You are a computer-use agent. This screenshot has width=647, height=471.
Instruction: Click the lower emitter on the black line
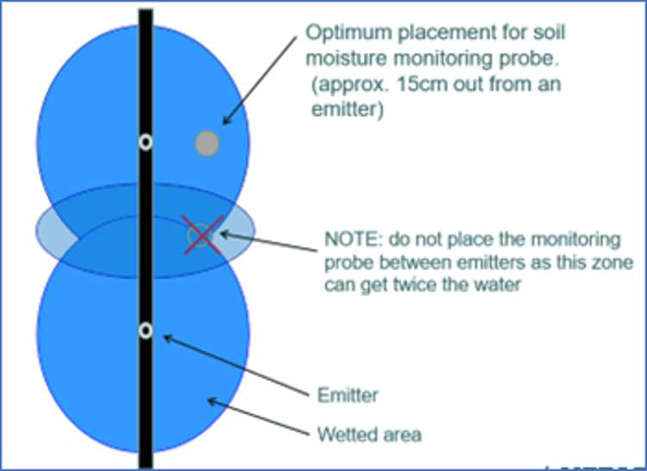tap(146, 330)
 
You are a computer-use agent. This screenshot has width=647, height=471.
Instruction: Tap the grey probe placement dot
tap(207, 143)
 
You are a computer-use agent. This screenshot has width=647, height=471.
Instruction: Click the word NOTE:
tap(349, 238)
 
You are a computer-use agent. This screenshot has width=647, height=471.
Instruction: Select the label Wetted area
tap(369, 433)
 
